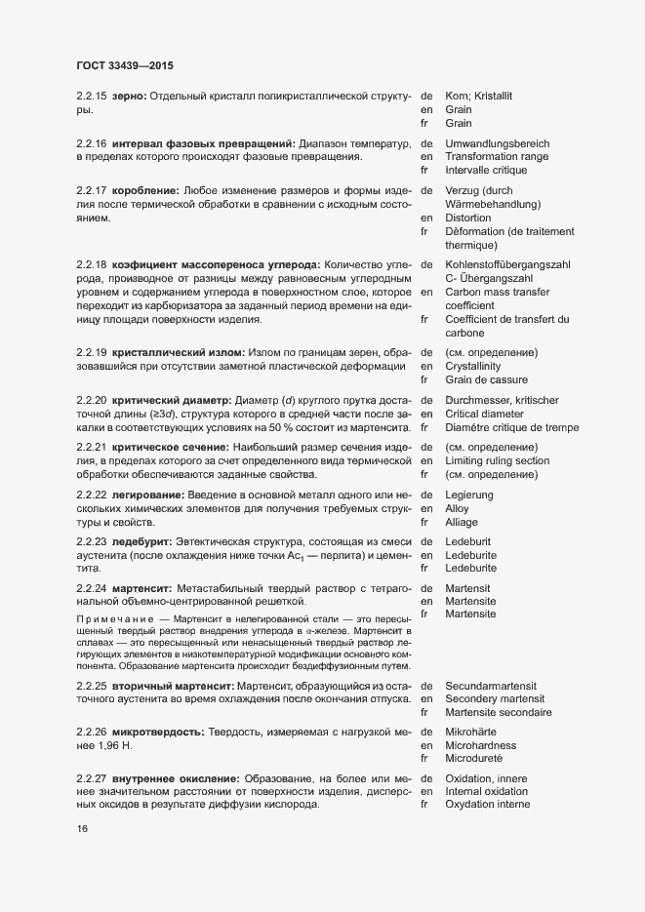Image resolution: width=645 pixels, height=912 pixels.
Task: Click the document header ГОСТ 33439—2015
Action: point(125,66)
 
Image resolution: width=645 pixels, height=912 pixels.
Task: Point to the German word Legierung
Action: point(469,495)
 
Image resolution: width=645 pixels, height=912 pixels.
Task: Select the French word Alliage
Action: point(464,522)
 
